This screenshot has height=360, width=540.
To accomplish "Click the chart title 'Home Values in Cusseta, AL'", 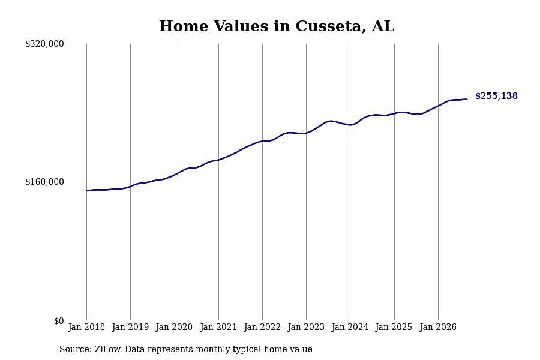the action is click(276, 26).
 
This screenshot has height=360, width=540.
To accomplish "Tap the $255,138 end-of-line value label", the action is click(496, 96).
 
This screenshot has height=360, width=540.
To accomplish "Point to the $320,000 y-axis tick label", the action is click(44, 44).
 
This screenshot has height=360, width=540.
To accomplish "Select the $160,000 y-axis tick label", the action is click(44, 182).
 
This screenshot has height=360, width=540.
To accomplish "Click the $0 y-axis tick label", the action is click(59, 321).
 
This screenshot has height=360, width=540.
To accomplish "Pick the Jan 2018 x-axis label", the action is click(86, 327).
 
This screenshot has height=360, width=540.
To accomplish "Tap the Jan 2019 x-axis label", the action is click(130, 327).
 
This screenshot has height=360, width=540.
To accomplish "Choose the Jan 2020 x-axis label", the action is click(174, 327).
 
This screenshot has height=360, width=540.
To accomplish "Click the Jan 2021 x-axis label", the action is click(218, 327).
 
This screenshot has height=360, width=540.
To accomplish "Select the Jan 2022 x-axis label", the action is click(262, 327).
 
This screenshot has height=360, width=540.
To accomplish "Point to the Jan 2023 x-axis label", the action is click(306, 327).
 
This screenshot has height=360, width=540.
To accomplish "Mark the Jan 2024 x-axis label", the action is click(350, 327).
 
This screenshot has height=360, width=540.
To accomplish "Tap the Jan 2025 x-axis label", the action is click(394, 327).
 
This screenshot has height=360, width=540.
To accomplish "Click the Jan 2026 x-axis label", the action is click(438, 327).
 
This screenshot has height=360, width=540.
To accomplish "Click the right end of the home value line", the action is click(467, 99).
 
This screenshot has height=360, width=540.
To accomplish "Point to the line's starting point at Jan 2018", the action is click(86, 191).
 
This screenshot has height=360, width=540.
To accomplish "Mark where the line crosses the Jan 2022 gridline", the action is click(262, 141).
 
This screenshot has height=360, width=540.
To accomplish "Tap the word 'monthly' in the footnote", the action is click(213, 350).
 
